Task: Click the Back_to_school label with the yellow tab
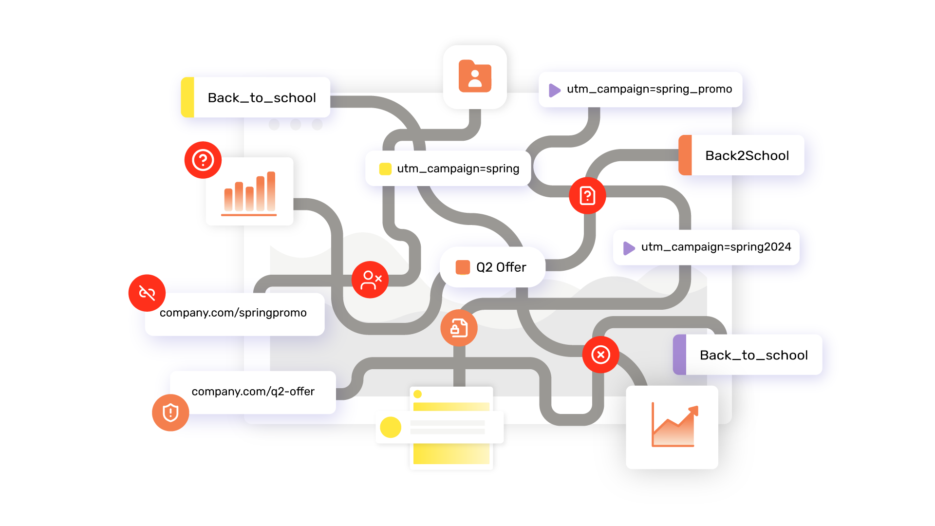[x=262, y=98]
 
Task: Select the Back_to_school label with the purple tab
[x=753, y=355]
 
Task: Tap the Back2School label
[x=747, y=156]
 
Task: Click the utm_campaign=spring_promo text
[x=649, y=89]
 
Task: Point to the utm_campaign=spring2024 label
[x=715, y=247]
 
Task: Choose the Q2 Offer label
[x=501, y=267]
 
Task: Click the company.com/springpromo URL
[x=233, y=313]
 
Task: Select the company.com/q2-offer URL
[x=253, y=392]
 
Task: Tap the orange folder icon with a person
[x=475, y=77]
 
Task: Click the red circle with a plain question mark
[x=203, y=160]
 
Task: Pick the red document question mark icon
[x=587, y=196]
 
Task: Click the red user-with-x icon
[x=370, y=280]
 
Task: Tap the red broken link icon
[x=147, y=293]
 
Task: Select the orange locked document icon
[x=459, y=328]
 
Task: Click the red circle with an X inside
[x=601, y=355]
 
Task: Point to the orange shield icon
[x=170, y=413]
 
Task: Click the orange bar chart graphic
[x=249, y=193]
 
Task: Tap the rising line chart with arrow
[x=674, y=425]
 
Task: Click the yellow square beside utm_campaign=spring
[x=385, y=169]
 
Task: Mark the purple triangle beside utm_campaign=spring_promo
[x=554, y=90]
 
